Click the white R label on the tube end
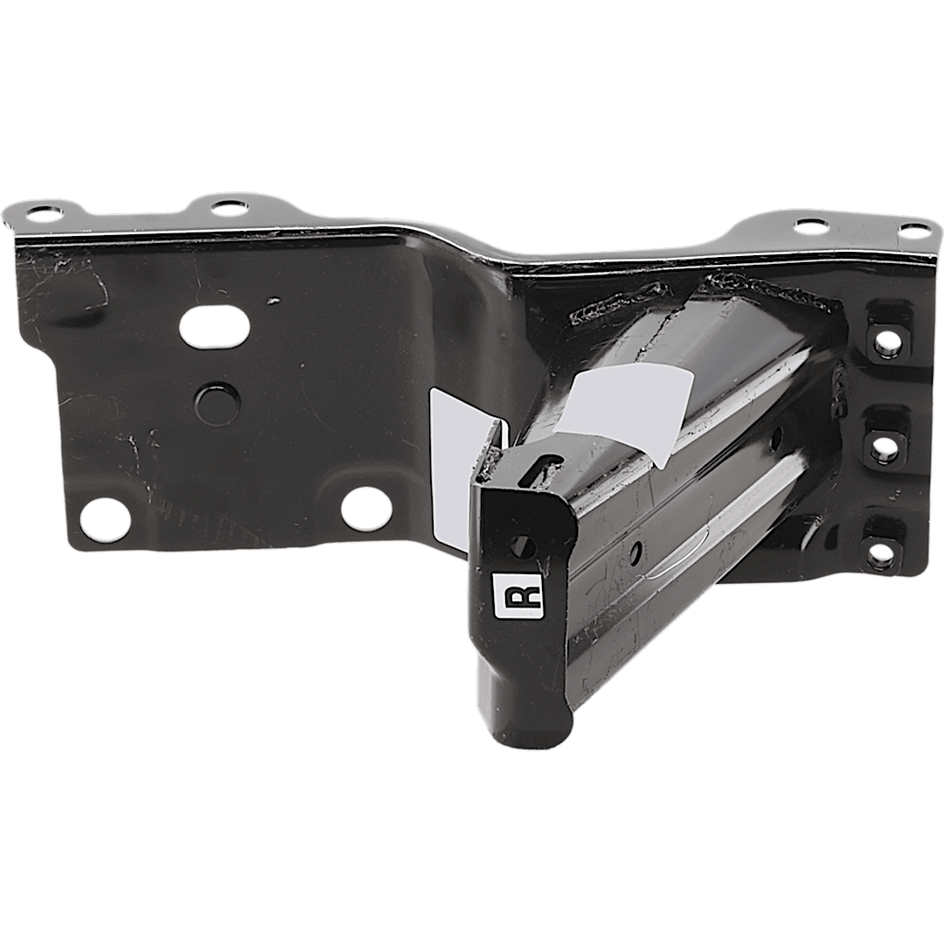tap(517, 595)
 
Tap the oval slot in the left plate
tap(215, 327)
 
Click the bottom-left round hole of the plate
tap(106, 518)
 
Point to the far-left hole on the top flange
tap(45, 213)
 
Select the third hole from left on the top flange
tap(813, 226)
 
